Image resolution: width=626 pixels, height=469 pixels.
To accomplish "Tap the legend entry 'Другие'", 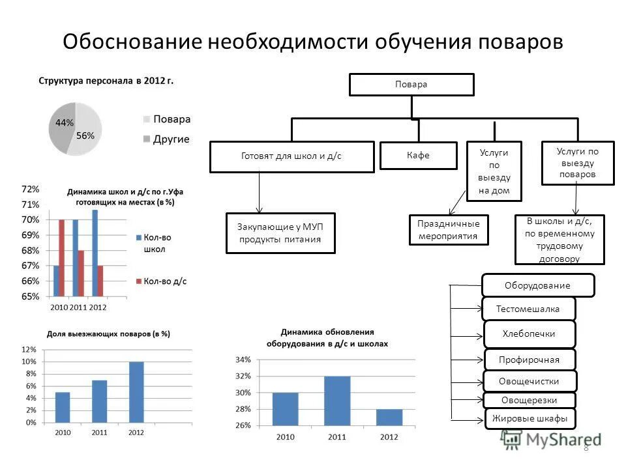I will click(x=171, y=139).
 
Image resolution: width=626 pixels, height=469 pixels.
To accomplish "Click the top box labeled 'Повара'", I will click(x=411, y=85).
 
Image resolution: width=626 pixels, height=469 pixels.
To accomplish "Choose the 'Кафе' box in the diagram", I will click(x=418, y=156).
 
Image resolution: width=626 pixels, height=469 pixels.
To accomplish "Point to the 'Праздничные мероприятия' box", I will click(x=449, y=230).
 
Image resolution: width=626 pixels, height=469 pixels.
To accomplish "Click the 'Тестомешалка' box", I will click(x=529, y=308).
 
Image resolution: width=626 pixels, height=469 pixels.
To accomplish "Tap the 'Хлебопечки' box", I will click(x=529, y=334).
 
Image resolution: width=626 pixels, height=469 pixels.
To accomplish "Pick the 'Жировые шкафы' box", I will click(x=529, y=418).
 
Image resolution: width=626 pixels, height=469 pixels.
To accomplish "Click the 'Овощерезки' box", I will click(x=529, y=400).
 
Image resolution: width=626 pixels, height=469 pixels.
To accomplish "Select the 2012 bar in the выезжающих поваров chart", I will click(x=136, y=392).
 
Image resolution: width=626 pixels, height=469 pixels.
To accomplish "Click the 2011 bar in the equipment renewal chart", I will click(x=337, y=401).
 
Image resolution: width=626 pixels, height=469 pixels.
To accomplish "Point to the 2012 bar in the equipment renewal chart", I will click(x=389, y=417).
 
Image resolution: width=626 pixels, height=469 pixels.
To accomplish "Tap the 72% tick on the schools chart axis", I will click(x=30, y=190).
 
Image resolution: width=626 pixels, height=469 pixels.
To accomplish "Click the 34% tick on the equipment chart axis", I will click(x=243, y=360).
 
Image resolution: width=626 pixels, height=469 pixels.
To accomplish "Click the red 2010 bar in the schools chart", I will click(x=62, y=258).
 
